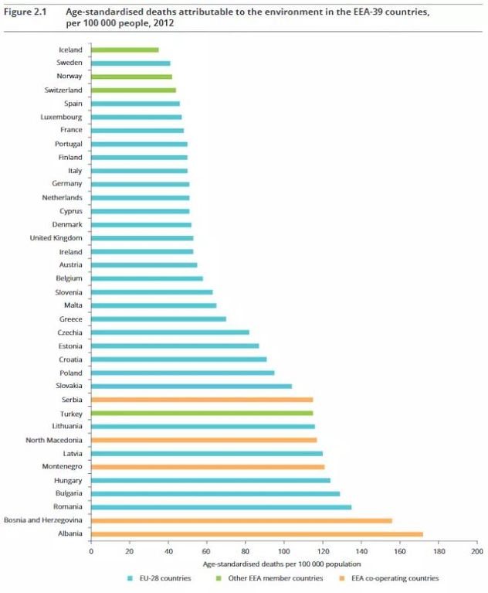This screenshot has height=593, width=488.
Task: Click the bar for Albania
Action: coord(256,534)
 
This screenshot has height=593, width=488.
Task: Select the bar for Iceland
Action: coord(124,49)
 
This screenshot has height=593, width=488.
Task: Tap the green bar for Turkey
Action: coord(202,413)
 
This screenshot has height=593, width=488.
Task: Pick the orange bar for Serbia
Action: coord(202,400)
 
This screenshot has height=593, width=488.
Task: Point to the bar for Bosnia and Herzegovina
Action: coord(241,520)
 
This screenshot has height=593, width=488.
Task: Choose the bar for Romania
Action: coord(221,507)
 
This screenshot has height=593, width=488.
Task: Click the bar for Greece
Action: coord(158,319)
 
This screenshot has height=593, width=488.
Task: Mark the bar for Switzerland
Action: coord(133,90)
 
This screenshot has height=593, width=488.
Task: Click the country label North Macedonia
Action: coord(54,440)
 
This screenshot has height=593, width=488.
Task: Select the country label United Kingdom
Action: coord(56,238)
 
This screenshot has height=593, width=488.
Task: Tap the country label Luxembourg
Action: coord(62,117)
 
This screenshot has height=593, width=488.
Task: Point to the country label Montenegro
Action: coord(62,467)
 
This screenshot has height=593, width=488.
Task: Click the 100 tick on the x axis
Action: coord(284,552)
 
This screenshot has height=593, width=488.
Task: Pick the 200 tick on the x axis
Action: coord(477,552)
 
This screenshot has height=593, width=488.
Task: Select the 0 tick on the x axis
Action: coord(91,552)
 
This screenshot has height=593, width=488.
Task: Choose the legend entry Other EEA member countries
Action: coord(279,578)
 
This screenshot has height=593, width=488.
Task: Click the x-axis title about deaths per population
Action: coord(283,564)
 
